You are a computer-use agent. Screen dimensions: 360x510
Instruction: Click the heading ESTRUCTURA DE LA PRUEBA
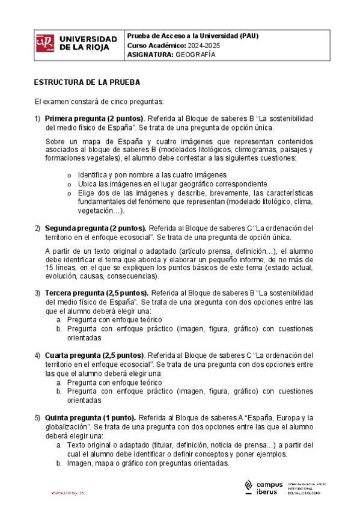pos(87,81)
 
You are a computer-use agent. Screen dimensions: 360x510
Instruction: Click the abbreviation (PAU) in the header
pos(246,35)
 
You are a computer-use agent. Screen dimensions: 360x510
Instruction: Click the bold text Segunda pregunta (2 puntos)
pos(96,229)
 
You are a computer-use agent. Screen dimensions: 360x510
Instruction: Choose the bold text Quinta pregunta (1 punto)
pos(91,418)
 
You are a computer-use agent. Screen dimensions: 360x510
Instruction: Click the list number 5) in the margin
pos(37,418)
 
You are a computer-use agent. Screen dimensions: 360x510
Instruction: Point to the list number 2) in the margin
pos(37,229)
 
